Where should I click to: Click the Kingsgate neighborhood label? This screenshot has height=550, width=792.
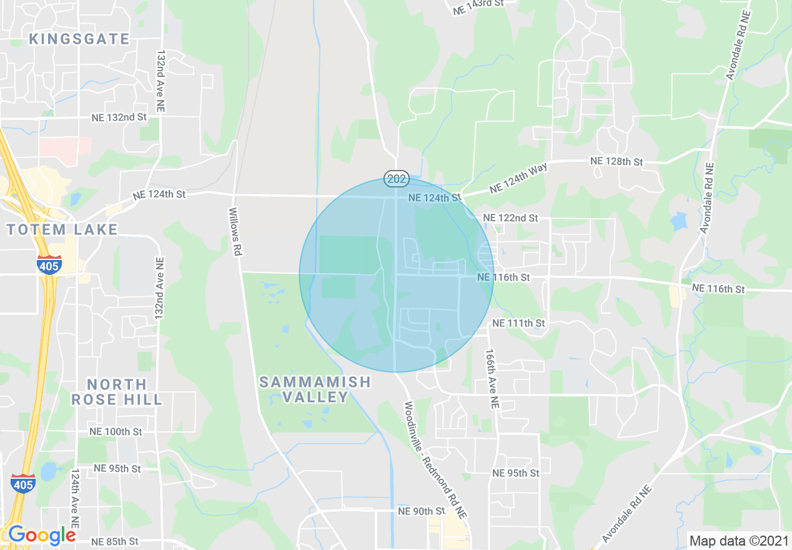[x=79, y=39]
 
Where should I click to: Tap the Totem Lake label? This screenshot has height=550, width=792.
[x=62, y=229]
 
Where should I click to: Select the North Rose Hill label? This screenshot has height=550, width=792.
[x=117, y=391]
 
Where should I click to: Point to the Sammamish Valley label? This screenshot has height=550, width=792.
[x=315, y=389]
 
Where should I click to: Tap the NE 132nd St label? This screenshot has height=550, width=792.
[x=119, y=117]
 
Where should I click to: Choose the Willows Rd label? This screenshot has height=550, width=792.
[x=235, y=232]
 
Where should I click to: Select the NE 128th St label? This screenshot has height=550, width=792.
[x=616, y=162]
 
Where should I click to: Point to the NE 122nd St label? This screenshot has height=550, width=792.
[x=510, y=218]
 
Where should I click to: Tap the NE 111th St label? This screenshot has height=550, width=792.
[x=518, y=323]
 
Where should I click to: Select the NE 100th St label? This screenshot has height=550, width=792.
[x=116, y=432]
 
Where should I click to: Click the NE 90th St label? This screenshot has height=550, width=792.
[x=421, y=511]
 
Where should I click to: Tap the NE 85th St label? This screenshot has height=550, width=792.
[x=114, y=541]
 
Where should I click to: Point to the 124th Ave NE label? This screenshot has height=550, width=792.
[x=75, y=499]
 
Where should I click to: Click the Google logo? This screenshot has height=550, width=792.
[x=42, y=535]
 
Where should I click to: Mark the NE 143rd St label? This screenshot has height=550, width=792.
[x=477, y=4]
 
